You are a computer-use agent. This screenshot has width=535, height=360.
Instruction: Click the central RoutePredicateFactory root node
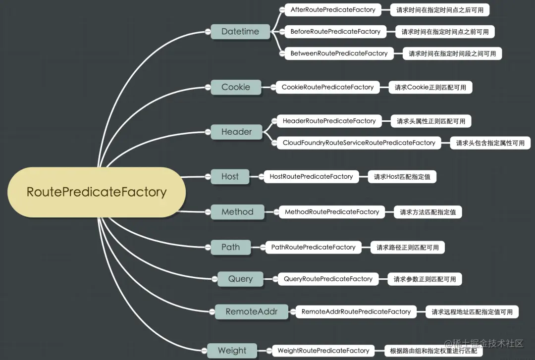(97, 192)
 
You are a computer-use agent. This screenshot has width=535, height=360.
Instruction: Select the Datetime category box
(240, 31)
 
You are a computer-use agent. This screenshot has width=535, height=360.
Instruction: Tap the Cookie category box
(236, 87)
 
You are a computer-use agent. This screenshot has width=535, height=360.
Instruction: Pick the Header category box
(236, 132)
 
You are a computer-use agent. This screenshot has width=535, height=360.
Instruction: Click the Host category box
(230, 176)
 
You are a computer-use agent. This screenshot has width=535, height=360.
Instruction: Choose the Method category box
(237, 212)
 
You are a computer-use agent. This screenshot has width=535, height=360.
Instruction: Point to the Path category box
(231, 247)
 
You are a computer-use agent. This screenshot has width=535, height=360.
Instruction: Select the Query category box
(240, 279)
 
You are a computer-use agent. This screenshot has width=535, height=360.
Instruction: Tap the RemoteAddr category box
(252, 311)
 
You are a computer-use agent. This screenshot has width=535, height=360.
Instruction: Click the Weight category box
(232, 351)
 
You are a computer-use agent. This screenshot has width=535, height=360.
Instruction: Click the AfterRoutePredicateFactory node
(333, 10)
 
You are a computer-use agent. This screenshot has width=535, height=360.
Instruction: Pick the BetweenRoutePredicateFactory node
(339, 53)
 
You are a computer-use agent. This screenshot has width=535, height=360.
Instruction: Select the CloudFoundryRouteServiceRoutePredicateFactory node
(359, 143)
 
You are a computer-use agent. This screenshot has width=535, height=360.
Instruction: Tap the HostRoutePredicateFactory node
(311, 176)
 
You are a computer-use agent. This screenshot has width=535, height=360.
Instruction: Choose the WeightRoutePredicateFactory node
(323, 351)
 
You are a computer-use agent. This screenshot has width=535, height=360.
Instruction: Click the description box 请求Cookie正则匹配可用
(430, 87)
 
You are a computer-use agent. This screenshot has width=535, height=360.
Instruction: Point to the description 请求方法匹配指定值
(428, 212)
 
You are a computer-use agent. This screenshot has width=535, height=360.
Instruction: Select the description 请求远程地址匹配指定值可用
(472, 312)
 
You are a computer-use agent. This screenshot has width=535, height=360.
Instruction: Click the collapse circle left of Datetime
(208, 32)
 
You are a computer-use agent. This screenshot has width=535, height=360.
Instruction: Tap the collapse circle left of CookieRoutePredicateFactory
(273, 87)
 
